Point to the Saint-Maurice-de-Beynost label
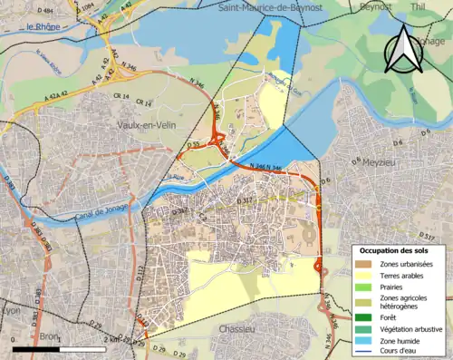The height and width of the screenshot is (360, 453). coord(272,6)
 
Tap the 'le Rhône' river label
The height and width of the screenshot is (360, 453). coord(43,26)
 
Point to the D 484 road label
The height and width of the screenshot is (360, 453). coord(42,10)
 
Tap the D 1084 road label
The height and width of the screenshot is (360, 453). coord(89,7)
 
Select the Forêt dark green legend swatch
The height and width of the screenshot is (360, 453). coord(364,316)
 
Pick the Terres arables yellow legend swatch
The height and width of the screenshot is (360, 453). coord(364,276)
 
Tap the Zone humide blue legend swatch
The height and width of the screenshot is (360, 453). coord(364,340)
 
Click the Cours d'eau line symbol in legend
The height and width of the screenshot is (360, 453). coord(364,352)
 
